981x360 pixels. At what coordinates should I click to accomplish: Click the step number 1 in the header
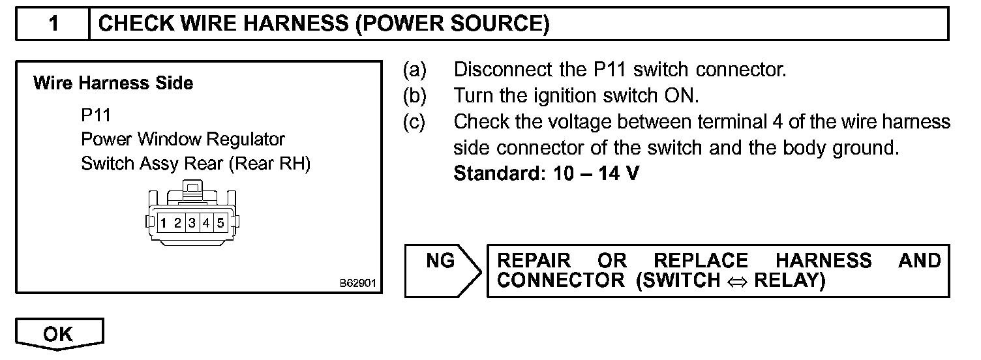click(53, 24)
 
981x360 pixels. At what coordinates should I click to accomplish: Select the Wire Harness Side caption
click(113, 83)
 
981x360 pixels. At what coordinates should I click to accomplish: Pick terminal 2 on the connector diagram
click(177, 223)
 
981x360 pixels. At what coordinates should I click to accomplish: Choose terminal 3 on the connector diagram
click(192, 223)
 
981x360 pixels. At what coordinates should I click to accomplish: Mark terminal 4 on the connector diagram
click(205, 223)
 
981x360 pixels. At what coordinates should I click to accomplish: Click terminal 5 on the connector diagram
click(220, 223)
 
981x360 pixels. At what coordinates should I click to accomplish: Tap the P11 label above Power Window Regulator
click(96, 116)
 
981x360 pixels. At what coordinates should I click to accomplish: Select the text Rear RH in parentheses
click(269, 164)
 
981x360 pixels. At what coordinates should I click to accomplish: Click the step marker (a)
click(415, 70)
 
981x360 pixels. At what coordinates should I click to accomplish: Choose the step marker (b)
click(415, 96)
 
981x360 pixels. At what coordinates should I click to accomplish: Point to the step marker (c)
click(415, 122)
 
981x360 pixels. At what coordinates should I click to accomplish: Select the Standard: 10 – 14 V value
click(547, 175)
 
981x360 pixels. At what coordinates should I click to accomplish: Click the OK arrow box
click(59, 335)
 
